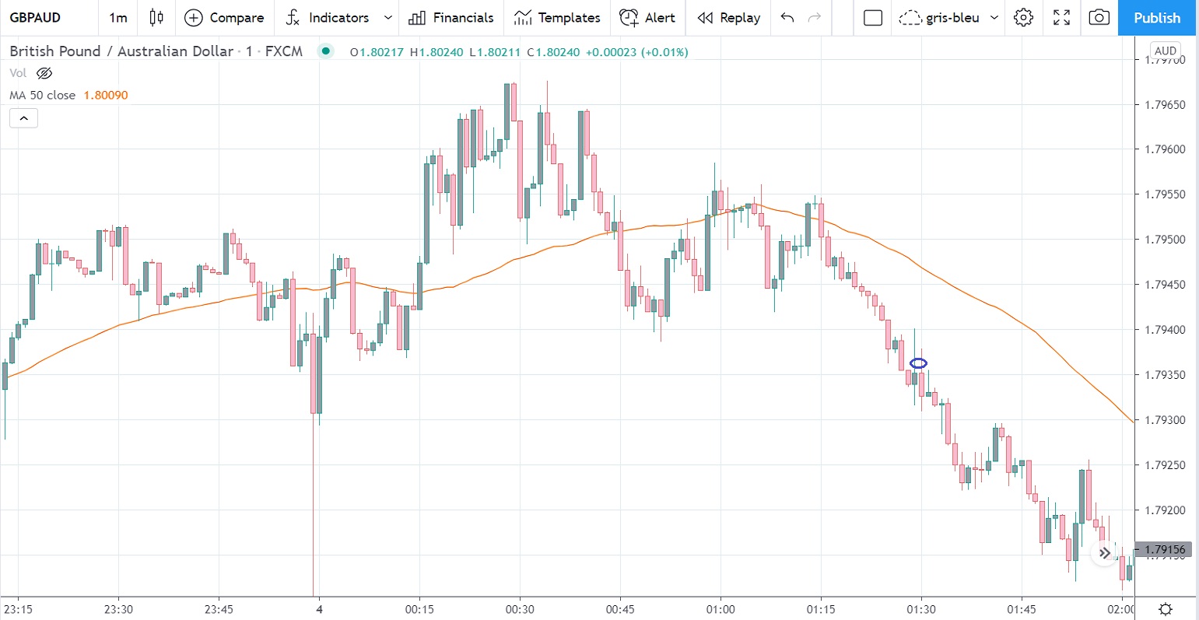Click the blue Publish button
pyautogui.click(x=1157, y=18)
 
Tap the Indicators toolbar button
pyautogui.click(x=328, y=18)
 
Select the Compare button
pyautogui.click(x=224, y=18)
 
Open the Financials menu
pyautogui.click(x=451, y=18)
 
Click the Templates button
pyautogui.click(x=556, y=18)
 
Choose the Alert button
pyautogui.click(x=647, y=18)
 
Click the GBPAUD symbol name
pyautogui.click(x=35, y=18)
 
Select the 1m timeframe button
pyautogui.click(x=117, y=18)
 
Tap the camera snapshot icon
pyautogui.click(x=1099, y=18)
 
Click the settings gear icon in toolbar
pyautogui.click(x=1024, y=18)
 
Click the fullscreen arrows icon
pyautogui.click(x=1061, y=18)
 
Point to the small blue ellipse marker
pyautogui.click(x=918, y=363)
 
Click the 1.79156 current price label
pyautogui.click(x=1164, y=550)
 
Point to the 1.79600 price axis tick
pyautogui.click(x=1164, y=149)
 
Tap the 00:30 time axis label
pyautogui.click(x=520, y=609)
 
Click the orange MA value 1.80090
pyautogui.click(x=106, y=95)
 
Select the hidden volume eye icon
pyautogui.click(x=44, y=73)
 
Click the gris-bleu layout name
pyautogui.click(x=952, y=18)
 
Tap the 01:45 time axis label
pyautogui.click(x=1022, y=609)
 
